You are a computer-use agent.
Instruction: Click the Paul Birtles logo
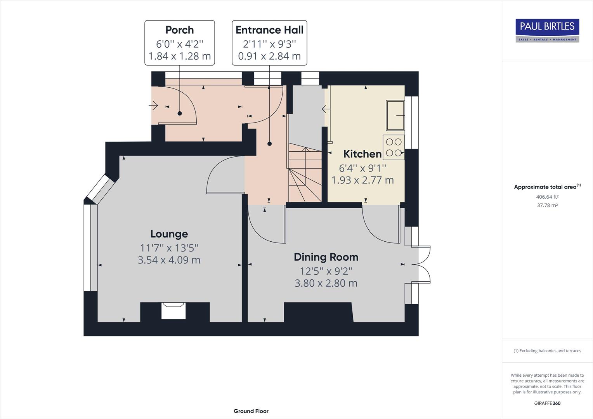click(x=547, y=30)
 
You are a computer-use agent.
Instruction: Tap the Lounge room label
click(x=169, y=234)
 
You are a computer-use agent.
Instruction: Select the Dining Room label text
click(x=326, y=257)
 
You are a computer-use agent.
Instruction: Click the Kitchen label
click(x=362, y=154)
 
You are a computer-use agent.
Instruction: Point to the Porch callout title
click(x=179, y=30)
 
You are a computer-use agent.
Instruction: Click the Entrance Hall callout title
click(x=269, y=30)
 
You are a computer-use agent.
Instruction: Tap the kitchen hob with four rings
click(x=394, y=147)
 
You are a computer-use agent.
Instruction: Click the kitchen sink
click(x=395, y=115)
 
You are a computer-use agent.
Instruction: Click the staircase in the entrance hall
click(x=305, y=175)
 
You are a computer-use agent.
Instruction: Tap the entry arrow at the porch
click(x=154, y=105)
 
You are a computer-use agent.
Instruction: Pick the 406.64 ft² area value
click(x=547, y=197)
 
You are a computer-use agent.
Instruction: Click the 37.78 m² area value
click(x=547, y=205)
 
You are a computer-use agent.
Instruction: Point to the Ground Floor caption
click(x=251, y=411)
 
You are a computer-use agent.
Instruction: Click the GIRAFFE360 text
click(x=547, y=403)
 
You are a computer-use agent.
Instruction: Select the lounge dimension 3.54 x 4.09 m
click(x=169, y=260)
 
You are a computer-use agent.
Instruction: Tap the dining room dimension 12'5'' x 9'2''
click(x=326, y=271)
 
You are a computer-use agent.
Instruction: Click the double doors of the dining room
click(x=423, y=265)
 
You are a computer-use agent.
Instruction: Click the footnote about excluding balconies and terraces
click(x=547, y=351)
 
